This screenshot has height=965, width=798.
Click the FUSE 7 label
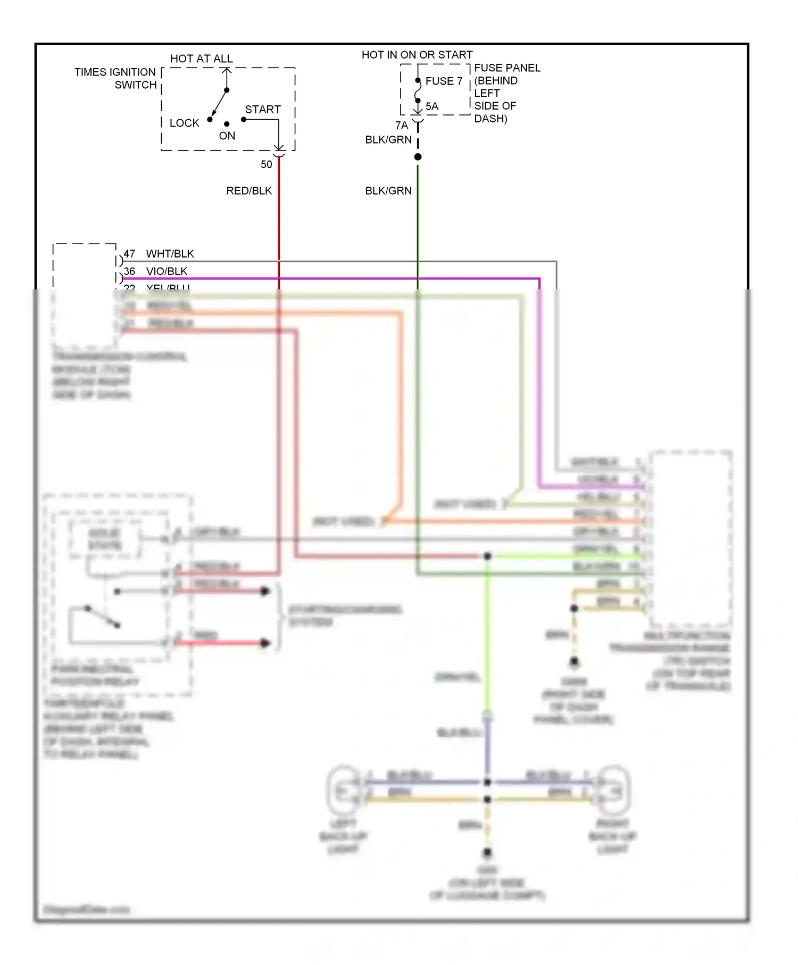point(444,81)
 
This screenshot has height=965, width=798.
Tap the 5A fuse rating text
point(432,106)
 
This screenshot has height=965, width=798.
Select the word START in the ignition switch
point(263,110)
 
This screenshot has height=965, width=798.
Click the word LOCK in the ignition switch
point(184,123)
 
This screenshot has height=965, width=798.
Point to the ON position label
point(227,136)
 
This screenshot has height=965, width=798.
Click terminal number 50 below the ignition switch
point(267,164)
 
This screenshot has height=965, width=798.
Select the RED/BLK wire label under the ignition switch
point(249,190)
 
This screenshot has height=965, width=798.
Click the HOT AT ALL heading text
point(201,59)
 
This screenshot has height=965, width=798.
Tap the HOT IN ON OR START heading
point(417,55)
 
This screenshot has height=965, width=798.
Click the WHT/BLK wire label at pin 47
point(170,254)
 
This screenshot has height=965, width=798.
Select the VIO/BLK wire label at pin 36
point(167,271)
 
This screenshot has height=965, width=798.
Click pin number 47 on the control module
point(129,254)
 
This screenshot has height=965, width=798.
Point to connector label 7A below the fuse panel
point(402,126)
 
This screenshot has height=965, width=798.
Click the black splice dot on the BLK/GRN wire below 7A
point(418,157)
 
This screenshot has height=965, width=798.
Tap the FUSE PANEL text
point(507,68)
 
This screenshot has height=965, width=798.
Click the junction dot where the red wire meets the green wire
point(487,556)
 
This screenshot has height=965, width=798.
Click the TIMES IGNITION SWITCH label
point(116,78)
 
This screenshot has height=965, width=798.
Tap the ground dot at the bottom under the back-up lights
point(487,853)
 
